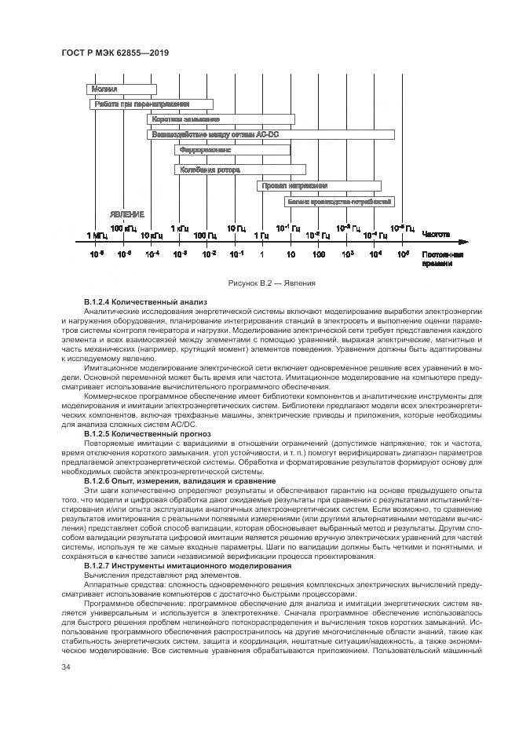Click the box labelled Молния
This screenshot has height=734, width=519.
tap(122, 89)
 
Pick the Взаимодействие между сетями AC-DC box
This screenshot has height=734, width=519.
tap(218, 134)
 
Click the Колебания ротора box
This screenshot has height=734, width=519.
tap(239, 169)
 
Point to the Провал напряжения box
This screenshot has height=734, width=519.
tap(319, 186)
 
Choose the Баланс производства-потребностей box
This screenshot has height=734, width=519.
tap(339, 202)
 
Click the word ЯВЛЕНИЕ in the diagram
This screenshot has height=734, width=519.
tap(126, 214)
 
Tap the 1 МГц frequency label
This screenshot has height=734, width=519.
tap(97, 234)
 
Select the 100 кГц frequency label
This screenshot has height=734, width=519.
tap(123, 227)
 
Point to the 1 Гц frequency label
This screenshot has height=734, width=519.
tap(261, 234)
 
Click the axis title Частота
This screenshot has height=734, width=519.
tap(436, 234)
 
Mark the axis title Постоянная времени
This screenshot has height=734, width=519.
tap(442, 260)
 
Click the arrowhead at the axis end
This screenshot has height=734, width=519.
tap(466, 242)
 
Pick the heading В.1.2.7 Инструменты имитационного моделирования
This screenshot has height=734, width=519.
tap(186, 565)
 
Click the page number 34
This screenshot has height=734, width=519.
tap(66, 667)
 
